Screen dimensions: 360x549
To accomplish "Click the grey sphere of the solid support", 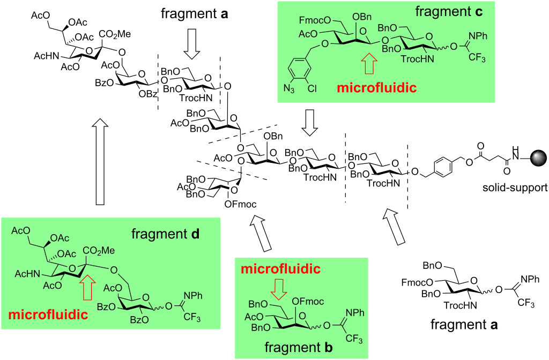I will [538, 159].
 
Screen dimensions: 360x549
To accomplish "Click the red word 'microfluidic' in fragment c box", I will [375, 87].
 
